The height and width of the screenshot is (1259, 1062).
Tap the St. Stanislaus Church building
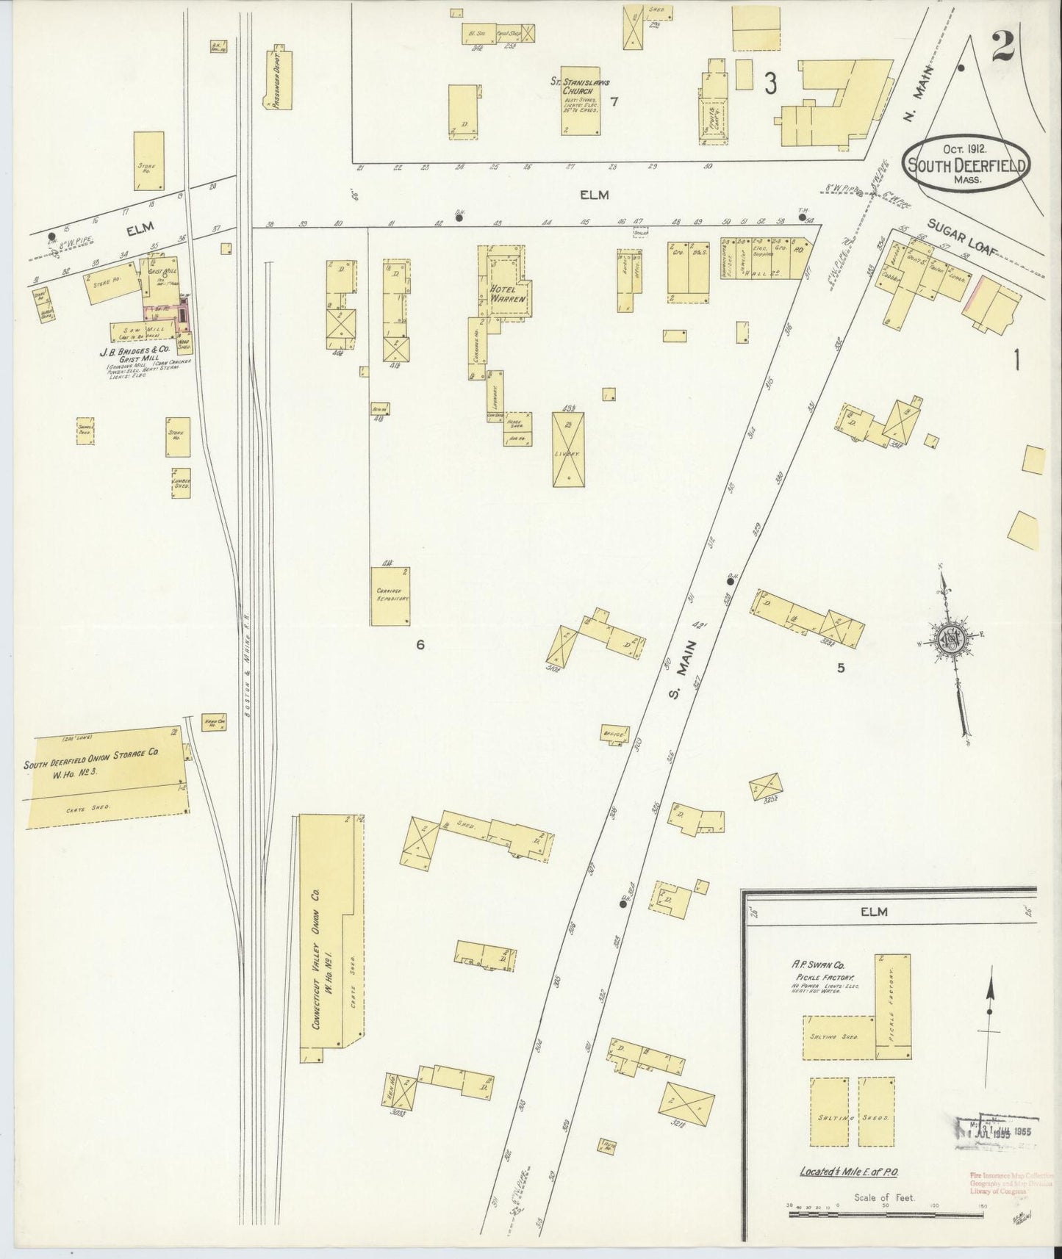point(580,110)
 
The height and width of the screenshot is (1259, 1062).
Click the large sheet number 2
point(1002,47)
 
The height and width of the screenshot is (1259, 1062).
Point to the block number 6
point(420,645)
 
